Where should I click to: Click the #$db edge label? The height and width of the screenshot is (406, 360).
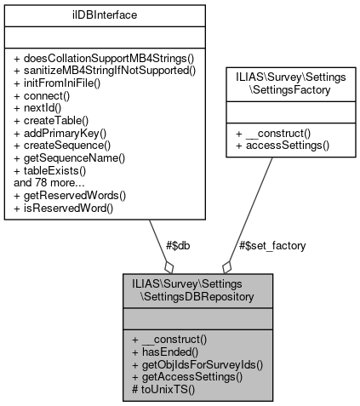pos(176,245)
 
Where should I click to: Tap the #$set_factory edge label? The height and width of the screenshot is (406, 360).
pos(272,245)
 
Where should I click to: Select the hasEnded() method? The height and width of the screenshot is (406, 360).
pos(166,350)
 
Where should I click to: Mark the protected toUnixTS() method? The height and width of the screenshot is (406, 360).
pos(163,388)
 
